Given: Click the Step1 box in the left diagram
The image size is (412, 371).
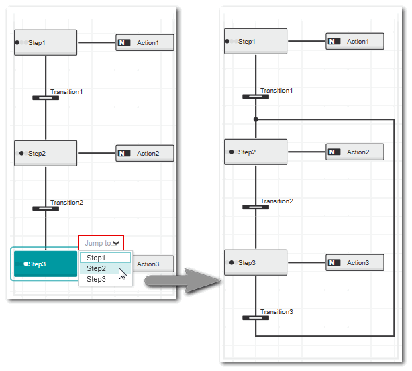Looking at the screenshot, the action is pyautogui.click(x=46, y=42).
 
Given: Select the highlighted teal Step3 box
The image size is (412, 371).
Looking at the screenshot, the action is pyautogui.click(x=46, y=264).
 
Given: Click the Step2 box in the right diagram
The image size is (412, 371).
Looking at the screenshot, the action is pyautogui.click(x=256, y=152).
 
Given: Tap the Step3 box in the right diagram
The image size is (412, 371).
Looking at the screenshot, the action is pyautogui.click(x=256, y=262).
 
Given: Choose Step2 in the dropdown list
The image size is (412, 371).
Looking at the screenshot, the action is pyautogui.click(x=96, y=268).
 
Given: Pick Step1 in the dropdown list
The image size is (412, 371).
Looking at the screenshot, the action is pyautogui.click(x=96, y=258).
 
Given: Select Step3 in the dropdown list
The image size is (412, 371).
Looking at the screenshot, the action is pyautogui.click(x=96, y=279).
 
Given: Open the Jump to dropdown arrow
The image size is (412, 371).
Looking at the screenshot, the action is pyautogui.click(x=116, y=243).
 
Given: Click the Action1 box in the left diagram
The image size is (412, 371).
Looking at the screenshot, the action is pyautogui.click(x=145, y=42).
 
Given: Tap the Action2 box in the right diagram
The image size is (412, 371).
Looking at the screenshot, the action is pyautogui.click(x=355, y=152).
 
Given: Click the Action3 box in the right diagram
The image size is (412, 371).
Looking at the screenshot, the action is pyautogui.click(x=355, y=262).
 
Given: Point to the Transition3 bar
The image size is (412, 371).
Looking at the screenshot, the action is pyautogui.click(x=256, y=318).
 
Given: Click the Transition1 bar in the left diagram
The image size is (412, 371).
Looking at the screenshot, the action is pyautogui.click(x=46, y=98).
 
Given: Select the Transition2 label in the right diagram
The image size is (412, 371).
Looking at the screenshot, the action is pyautogui.click(x=276, y=201).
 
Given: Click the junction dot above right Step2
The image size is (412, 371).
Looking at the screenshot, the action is pyautogui.click(x=256, y=120).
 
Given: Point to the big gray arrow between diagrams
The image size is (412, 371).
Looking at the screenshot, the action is pyautogui.click(x=183, y=280).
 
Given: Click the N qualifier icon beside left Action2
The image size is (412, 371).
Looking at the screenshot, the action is pyautogui.click(x=124, y=153).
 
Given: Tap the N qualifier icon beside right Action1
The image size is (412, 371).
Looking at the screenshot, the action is pyautogui.click(x=334, y=41).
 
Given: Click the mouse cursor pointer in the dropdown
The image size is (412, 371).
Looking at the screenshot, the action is pyautogui.click(x=122, y=274).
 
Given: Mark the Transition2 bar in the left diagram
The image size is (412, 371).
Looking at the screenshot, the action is pyautogui.click(x=46, y=209).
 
